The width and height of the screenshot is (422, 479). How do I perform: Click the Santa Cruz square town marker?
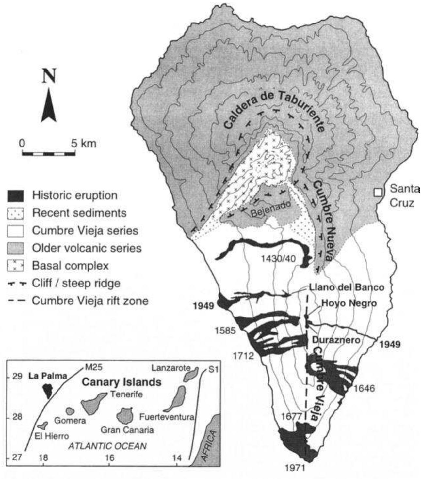click(x=378, y=192)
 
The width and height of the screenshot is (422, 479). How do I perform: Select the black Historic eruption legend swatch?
click(x=15, y=196)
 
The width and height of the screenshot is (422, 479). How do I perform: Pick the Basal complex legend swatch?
click(x=15, y=266)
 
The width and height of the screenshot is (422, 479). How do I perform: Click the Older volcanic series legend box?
click(x=15, y=248)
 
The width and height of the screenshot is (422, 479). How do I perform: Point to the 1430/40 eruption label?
click(x=278, y=259)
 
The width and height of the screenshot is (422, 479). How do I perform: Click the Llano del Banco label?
click(x=347, y=287)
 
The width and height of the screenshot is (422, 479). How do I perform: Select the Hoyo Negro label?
click(x=349, y=303)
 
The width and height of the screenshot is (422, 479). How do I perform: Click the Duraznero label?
click(x=336, y=340)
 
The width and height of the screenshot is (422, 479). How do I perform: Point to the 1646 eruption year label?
click(x=364, y=388)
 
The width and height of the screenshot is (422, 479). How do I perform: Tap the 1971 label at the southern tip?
click(x=295, y=468)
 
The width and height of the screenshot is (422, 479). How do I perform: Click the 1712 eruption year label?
click(x=243, y=355)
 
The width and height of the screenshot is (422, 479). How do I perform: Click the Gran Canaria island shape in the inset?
click(x=125, y=415)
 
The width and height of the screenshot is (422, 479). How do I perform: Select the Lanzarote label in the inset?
click(x=171, y=368)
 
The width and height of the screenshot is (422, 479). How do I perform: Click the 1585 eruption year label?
click(x=225, y=331)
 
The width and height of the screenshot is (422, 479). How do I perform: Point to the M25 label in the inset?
click(x=94, y=367)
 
